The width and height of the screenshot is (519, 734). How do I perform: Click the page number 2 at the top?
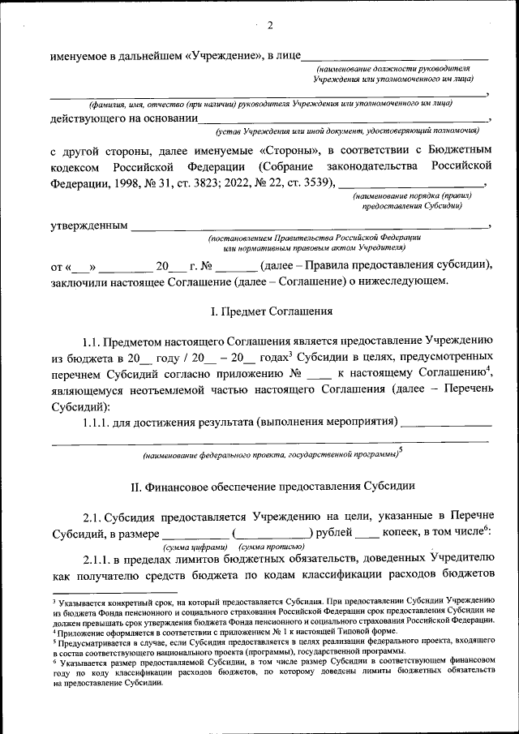[x=268, y=25]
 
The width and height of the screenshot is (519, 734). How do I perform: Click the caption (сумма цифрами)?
[x=187, y=547]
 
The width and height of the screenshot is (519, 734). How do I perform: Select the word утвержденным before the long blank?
[x=88, y=225]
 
